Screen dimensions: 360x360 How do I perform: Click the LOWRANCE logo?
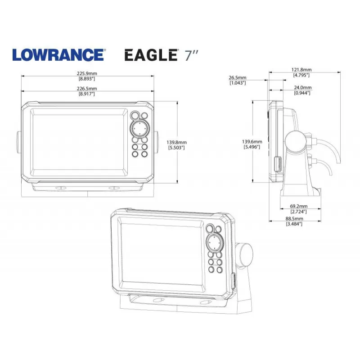[x=58, y=55]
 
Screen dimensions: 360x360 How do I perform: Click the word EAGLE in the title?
[x=150, y=55]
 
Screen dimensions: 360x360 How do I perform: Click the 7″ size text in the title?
[x=192, y=55]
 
